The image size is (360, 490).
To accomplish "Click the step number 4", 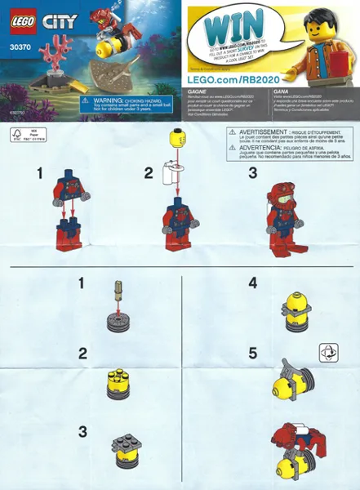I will (252, 285).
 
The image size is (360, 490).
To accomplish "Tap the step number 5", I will (252, 354).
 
